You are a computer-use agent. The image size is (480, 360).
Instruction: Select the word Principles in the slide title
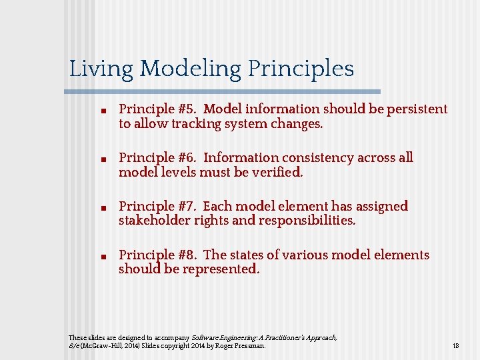[x=301, y=69]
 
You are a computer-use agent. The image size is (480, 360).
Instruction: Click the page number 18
[x=456, y=346]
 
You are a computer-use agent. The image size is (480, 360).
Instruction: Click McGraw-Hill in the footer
[x=101, y=346]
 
